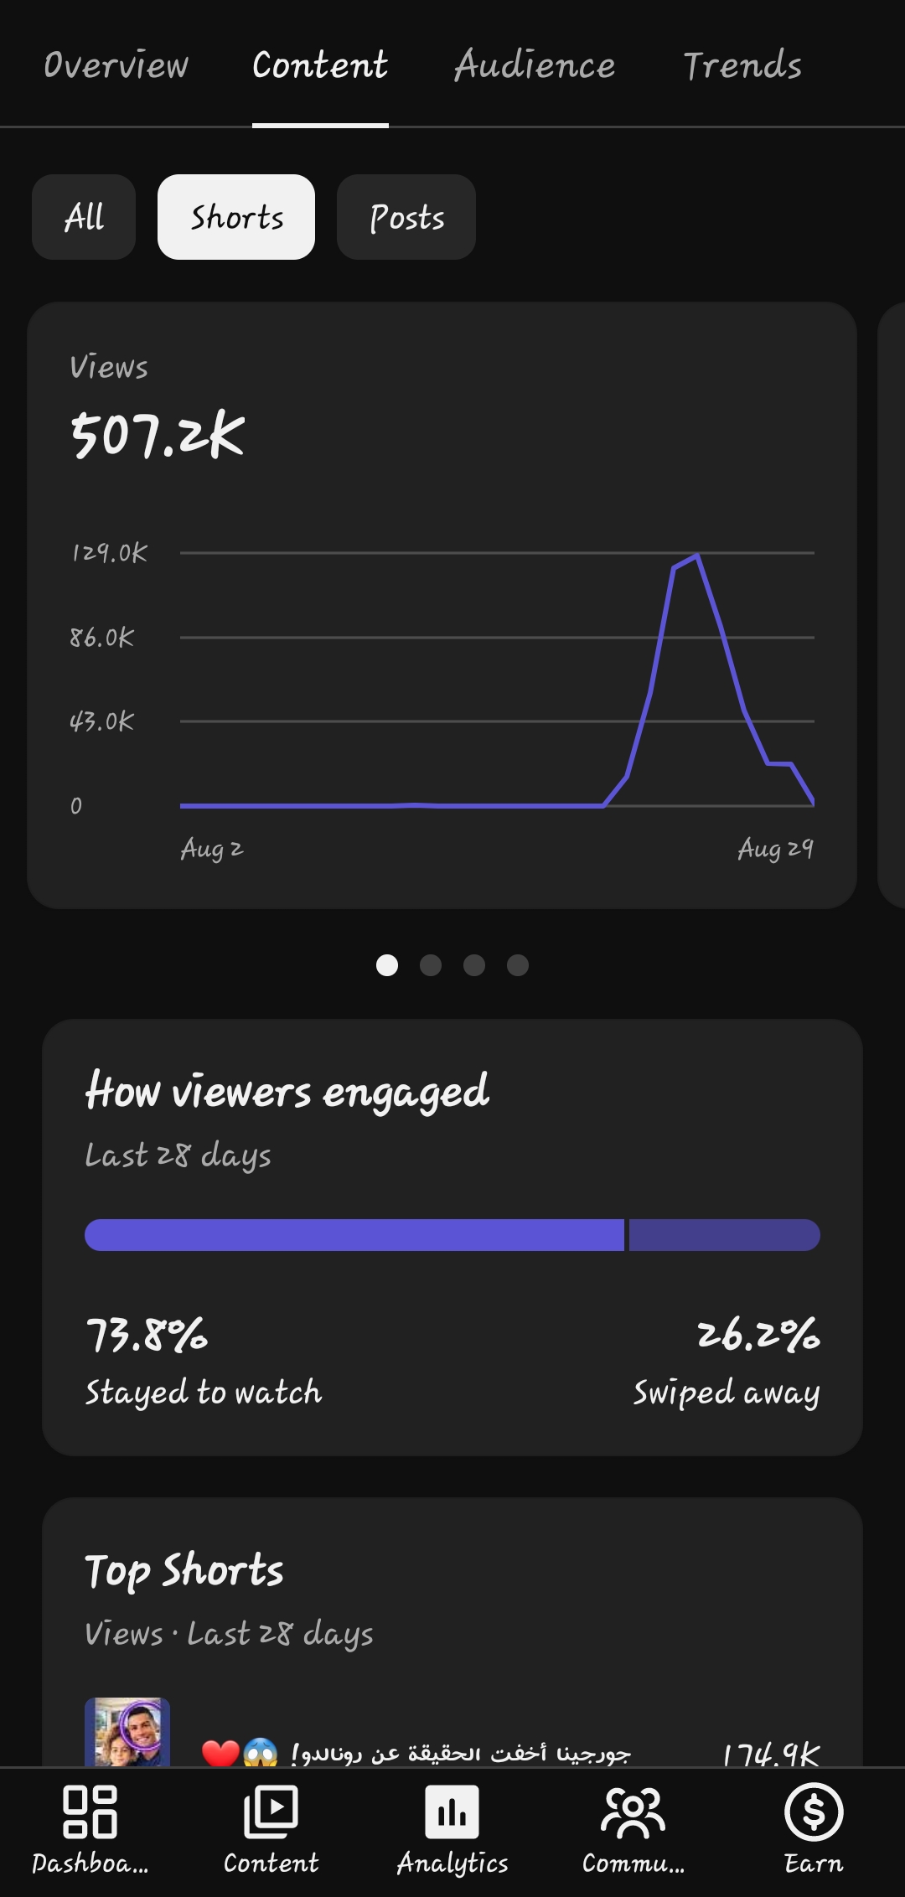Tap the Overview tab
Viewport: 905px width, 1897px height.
click(x=116, y=65)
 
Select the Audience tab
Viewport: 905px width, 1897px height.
click(x=535, y=65)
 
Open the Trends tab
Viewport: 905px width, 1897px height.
click(x=742, y=65)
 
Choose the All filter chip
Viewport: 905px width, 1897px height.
click(x=84, y=217)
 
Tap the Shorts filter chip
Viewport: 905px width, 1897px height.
click(x=236, y=217)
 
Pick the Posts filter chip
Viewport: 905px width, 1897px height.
click(x=406, y=217)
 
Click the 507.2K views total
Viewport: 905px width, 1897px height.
click(x=158, y=435)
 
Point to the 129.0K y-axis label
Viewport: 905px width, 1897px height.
click(x=109, y=553)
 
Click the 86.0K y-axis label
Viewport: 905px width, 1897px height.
click(x=101, y=638)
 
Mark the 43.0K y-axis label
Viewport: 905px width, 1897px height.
click(x=101, y=721)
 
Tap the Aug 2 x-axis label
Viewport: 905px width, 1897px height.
click(x=212, y=850)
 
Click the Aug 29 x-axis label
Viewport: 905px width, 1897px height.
click(x=776, y=850)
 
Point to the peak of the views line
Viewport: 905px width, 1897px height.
click(x=697, y=555)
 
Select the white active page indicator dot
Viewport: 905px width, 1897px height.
click(x=387, y=965)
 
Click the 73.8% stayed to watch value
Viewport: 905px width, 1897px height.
click(x=147, y=1335)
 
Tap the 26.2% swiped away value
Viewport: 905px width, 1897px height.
click(x=758, y=1335)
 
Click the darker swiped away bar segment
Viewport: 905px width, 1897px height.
click(x=725, y=1235)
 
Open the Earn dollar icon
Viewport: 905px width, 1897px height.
click(x=814, y=1812)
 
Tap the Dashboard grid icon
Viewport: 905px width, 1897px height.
click(x=90, y=1812)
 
